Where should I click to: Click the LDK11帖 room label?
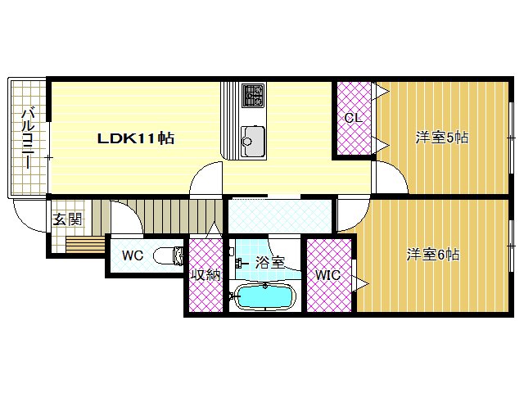tap(135, 138)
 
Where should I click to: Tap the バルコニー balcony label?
tap(27, 138)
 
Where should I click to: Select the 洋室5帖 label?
tap(441, 138)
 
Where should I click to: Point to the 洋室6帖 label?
tap(433, 255)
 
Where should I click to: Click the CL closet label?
tap(352, 118)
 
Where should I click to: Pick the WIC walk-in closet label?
tap(328, 275)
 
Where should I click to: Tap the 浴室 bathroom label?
tap(269, 263)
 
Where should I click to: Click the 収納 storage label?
tap(206, 275)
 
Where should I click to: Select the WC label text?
tap(133, 255)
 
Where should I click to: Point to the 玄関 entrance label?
tap(67, 219)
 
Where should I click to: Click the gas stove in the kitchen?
tap(252, 96)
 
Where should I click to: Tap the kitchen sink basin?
tap(252, 140)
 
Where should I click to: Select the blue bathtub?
tap(264, 296)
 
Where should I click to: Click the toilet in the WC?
tap(169, 255)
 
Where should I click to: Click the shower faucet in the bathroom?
tap(240, 263)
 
